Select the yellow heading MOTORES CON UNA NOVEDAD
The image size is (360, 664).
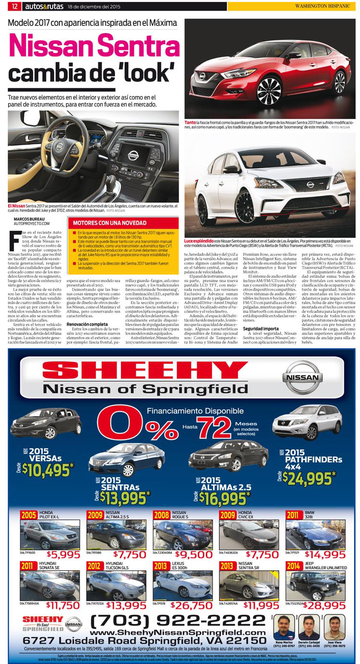coord(110,223)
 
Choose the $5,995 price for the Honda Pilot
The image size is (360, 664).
coord(63,554)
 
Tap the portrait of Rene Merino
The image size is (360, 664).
coord(283,627)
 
